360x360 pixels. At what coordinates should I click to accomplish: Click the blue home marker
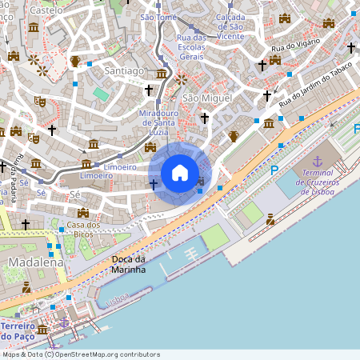[180, 173]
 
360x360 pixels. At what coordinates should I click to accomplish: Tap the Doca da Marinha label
[128, 264]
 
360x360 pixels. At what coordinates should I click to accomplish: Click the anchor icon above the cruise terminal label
[317, 162]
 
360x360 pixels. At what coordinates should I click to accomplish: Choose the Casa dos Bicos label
[83, 229]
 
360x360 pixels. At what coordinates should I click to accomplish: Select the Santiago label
[125, 71]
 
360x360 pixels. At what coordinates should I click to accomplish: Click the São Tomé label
[158, 18]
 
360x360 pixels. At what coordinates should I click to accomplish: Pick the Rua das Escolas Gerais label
[192, 47]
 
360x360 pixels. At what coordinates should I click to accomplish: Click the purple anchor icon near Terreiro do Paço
[65, 322]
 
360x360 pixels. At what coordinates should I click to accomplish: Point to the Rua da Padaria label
[15, 183]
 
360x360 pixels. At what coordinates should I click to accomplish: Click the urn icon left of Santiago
[75, 61]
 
